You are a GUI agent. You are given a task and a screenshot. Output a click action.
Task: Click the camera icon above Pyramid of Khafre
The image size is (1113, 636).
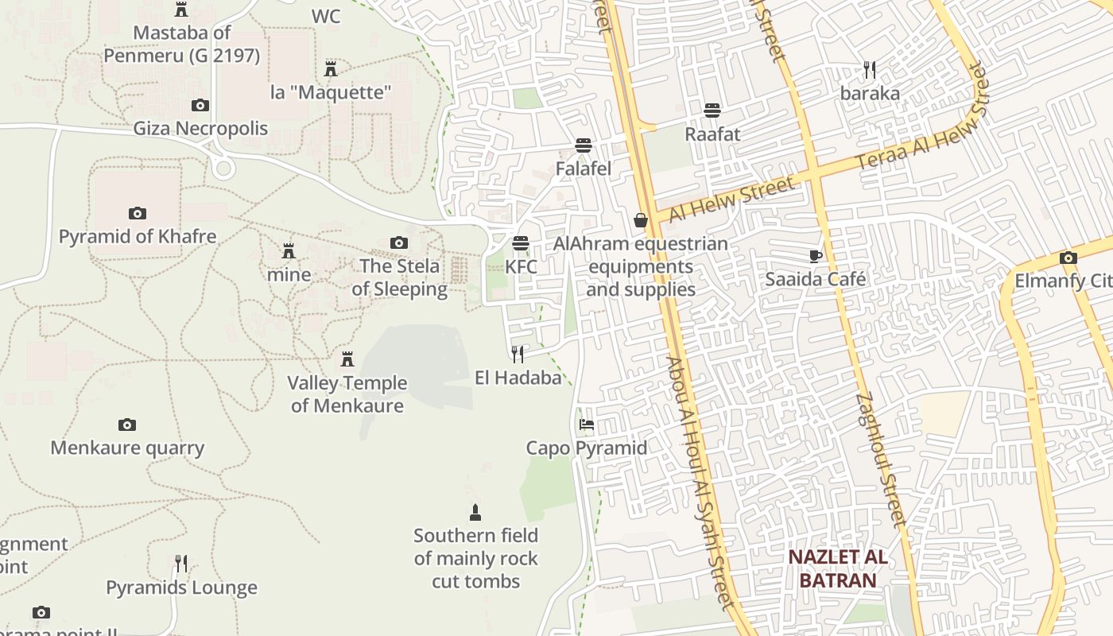(138, 213)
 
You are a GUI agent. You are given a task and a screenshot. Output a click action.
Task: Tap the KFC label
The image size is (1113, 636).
(522, 267)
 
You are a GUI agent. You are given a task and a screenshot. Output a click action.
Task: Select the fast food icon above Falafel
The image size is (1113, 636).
(584, 145)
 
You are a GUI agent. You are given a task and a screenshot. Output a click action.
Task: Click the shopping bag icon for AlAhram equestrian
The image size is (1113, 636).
(641, 220)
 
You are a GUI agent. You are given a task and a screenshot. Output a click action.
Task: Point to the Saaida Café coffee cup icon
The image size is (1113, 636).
(815, 256)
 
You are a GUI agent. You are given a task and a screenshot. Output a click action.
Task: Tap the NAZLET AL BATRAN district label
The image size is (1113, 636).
(837, 568)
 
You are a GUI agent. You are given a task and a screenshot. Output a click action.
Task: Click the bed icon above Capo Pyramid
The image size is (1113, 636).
(587, 425)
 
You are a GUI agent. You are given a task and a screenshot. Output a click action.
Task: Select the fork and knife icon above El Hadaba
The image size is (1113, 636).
(518, 354)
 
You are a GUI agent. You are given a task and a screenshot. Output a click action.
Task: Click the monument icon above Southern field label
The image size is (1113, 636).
(475, 512)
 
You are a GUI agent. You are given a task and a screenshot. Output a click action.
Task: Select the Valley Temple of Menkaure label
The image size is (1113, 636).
(347, 394)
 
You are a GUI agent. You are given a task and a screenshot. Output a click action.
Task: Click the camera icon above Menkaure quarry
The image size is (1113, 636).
(127, 425)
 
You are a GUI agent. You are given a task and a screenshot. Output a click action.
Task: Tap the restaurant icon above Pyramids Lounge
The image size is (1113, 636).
(181, 564)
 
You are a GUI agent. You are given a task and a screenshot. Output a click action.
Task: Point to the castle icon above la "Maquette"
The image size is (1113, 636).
(331, 68)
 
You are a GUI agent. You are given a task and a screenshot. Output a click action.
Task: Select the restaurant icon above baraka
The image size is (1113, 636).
(870, 70)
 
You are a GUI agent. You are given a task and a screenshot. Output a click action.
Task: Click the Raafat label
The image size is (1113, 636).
(712, 134)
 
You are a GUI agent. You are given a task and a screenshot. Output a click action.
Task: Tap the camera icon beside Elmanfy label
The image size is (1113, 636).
(1068, 258)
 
